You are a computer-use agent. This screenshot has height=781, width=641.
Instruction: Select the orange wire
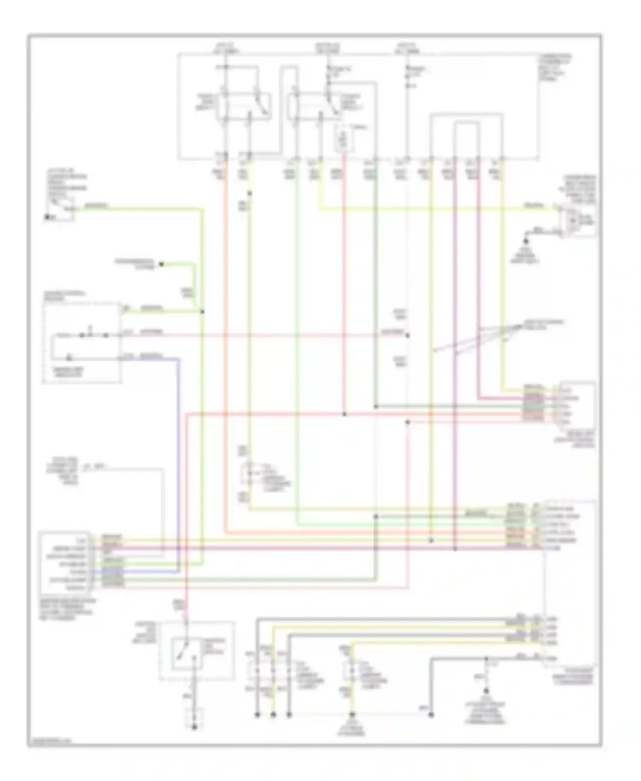click(x=225, y=342)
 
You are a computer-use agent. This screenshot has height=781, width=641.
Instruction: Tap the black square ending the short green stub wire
click(x=162, y=264)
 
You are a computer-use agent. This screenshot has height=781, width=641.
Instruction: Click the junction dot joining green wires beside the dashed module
click(x=202, y=312)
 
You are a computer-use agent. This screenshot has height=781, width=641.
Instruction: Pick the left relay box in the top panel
click(x=244, y=106)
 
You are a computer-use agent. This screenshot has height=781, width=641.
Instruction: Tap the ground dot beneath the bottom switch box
click(x=194, y=727)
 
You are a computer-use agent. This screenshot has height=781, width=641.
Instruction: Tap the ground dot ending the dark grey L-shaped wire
click(x=431, y=714)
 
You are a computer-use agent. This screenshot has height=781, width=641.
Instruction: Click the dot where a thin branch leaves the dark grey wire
click(x=486, y=659)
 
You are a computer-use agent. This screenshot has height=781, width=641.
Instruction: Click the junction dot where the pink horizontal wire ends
click(x=407, y=335)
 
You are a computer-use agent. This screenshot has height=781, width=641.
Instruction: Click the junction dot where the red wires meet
click(x=344, y=414)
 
